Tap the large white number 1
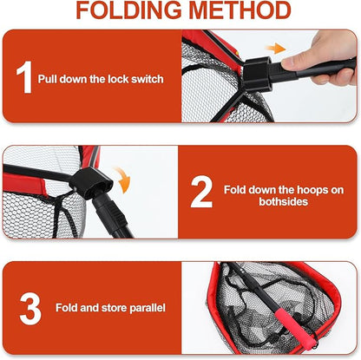[23, 77]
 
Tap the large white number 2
[201, 193]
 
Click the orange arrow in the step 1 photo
[275, 49]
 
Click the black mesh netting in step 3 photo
[252, 295]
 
